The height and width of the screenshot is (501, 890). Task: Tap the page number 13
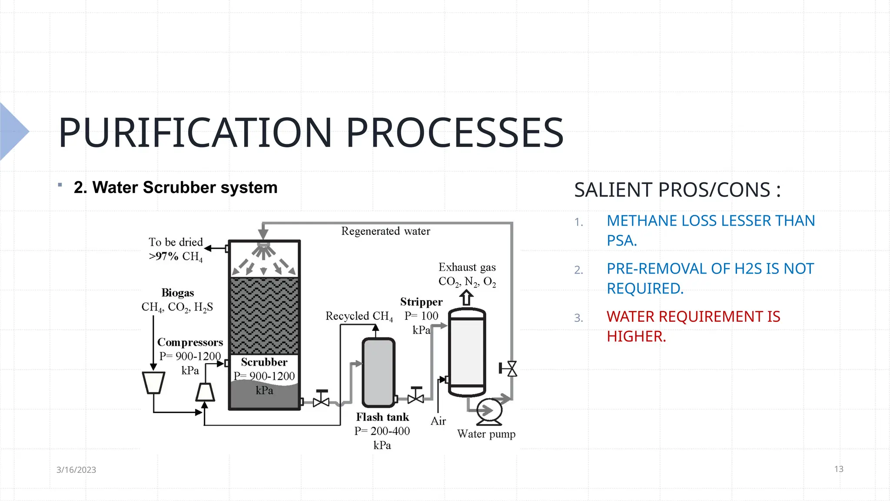pos(839,469)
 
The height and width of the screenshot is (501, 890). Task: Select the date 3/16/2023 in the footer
pos(76,470)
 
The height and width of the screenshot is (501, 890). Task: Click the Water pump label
pos(486,434)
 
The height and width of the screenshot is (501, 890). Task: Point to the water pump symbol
pos(489,411)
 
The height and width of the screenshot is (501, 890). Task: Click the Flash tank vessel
pos(379,372)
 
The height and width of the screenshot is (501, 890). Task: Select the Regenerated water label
pos(385,231)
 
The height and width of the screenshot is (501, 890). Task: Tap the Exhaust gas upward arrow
pos(466,298)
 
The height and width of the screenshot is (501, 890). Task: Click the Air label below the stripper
pos(438,421)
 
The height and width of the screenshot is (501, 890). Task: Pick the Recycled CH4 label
pos(359,316)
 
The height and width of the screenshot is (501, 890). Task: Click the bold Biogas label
pos(177,293)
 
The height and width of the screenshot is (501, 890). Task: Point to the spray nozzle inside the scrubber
pos(263,249)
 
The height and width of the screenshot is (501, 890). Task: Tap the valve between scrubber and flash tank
pos(321,399)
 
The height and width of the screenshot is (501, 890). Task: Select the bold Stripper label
pos(421,302)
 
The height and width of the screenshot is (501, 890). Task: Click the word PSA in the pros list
pos(621,240)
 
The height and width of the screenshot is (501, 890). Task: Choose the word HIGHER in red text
pos(636,336)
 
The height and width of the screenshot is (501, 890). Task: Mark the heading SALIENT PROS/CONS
pos(677,190)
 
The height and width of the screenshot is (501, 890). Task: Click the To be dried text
pos(176,242)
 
